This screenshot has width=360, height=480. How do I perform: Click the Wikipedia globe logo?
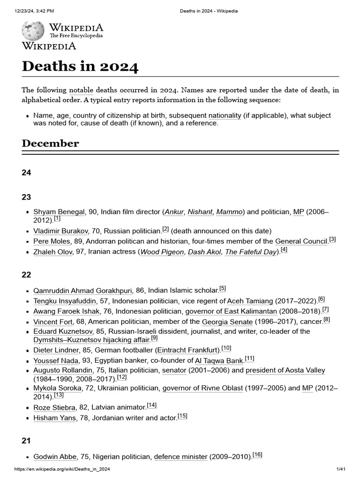click(33, 31)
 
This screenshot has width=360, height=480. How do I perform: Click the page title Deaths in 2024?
click(80, 66)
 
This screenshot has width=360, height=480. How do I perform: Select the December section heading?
click(50, 143)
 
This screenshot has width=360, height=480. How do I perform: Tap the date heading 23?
click(26, 197)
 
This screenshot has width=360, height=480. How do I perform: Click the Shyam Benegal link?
click(59, 212)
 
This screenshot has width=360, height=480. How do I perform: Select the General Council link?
click(301, 241)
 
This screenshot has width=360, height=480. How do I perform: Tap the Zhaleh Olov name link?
click(53, 252)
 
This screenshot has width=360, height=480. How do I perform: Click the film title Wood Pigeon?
click(162, 252)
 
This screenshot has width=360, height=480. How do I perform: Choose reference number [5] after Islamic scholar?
click(223, 289)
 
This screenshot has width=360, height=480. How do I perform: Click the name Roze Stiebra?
click(54, 407)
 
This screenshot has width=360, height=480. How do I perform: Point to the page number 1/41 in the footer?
click(340, 469)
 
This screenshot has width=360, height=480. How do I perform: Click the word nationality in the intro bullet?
click(225, 115)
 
